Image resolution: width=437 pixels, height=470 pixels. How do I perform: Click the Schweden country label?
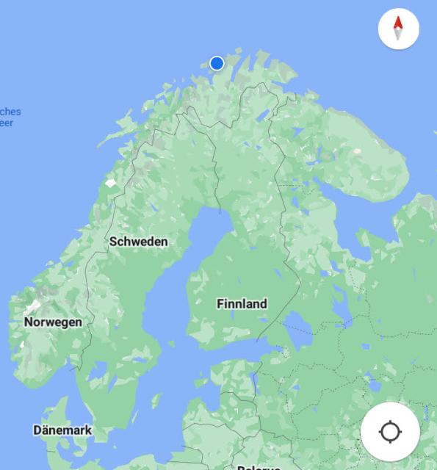click(x=138, y=241)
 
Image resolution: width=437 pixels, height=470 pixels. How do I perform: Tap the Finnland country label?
click(x=242, y=303)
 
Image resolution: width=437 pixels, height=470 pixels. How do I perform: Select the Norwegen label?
click(x=53, y=322)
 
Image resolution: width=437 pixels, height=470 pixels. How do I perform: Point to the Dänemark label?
click(x=62, y=430)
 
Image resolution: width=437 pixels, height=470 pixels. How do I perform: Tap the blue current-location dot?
click(x=217, y=63)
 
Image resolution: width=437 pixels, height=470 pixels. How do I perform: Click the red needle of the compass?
click(x=398, y=23)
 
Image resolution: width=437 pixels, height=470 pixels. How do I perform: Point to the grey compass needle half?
click(x=398, y=35)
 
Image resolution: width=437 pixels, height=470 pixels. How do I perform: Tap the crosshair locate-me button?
click(x=390, y=432)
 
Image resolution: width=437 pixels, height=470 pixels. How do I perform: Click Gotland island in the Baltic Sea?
click(x=156, y=400)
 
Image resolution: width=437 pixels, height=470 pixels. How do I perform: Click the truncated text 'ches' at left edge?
click(x=10, y=112)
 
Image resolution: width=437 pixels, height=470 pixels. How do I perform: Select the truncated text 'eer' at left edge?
click(x=7, y=123)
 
